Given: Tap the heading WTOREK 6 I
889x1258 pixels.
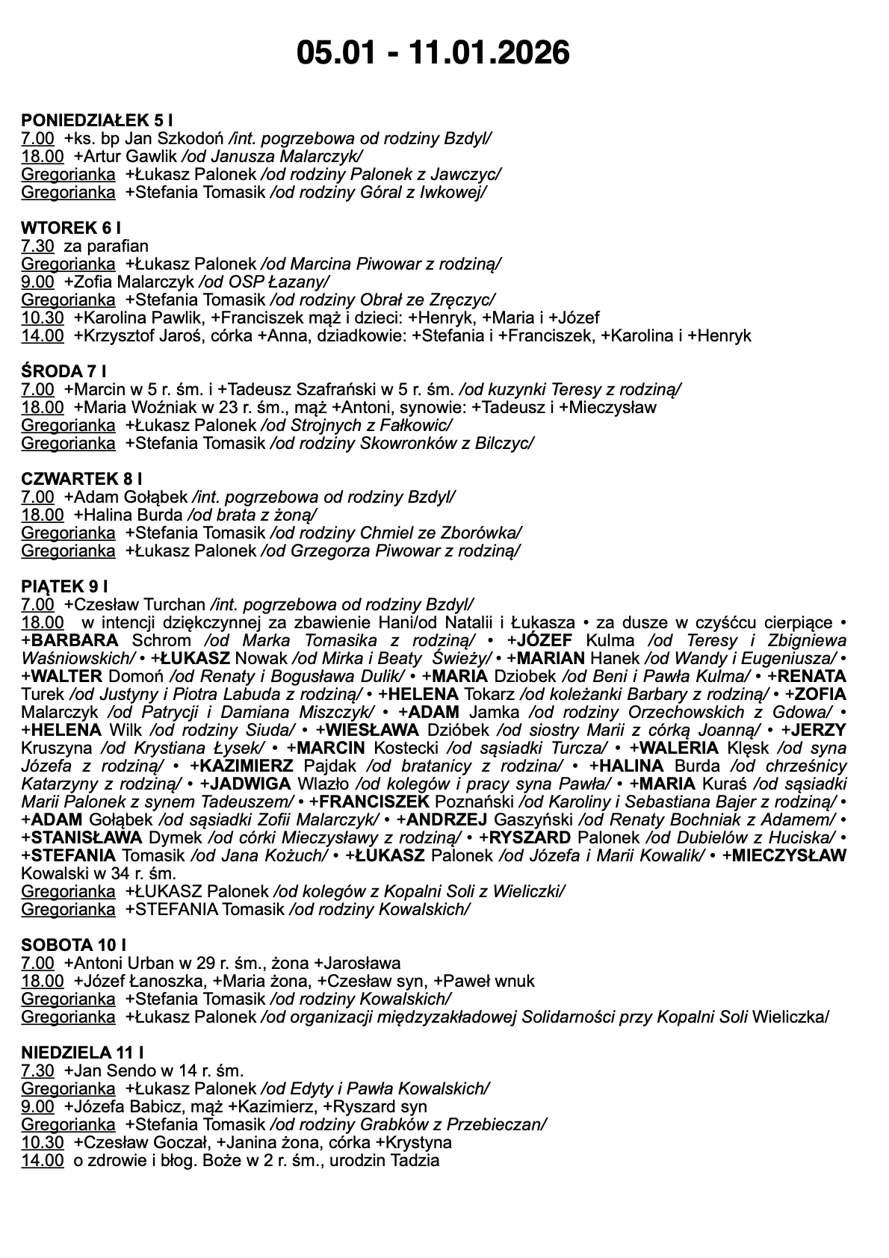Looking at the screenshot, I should point(71,228).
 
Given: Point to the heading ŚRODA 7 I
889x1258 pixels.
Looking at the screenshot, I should point(63,371).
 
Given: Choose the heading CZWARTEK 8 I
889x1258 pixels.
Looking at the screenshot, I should point(81,479).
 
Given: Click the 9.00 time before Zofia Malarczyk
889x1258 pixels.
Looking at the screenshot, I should point(38,282).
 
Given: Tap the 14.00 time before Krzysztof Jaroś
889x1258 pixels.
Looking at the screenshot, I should point(43,335).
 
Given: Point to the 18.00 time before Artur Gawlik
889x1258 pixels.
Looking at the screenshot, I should point(43,156).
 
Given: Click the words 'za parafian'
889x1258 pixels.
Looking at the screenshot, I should point(106,246).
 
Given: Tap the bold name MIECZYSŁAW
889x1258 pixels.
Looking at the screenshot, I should point(789,855).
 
